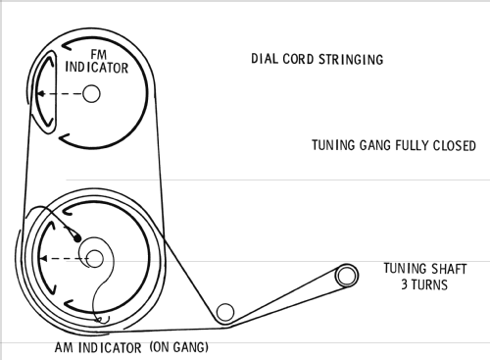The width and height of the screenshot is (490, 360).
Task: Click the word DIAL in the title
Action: coord(265,59)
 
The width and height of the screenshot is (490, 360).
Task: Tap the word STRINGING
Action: coord(351,60)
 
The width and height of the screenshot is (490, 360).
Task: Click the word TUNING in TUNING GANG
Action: coord(333,145)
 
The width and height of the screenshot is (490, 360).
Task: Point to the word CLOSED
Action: coord(455,146)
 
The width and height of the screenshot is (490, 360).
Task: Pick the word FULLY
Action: coord(413,145)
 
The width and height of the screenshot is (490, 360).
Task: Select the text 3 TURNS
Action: coord(424,284)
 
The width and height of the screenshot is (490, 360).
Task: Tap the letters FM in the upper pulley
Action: coord(99,54)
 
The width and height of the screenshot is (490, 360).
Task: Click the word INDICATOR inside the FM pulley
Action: coord(97,68)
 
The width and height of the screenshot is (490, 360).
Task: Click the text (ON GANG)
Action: coord(178,346)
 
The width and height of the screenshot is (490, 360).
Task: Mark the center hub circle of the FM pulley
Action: coord(91,93)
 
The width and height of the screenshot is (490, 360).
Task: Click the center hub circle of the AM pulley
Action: coord(95,259)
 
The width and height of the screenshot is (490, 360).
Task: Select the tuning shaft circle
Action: coord(346,276)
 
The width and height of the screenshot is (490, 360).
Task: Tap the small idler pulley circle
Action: coord(225,312)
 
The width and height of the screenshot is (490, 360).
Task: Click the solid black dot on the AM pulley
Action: coord(77,238)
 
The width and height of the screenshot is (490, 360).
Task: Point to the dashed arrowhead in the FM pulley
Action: coord(41,94)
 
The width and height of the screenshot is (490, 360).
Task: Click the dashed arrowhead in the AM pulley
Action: coord(43,259)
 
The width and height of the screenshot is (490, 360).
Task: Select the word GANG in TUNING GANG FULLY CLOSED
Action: coord(375,145)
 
